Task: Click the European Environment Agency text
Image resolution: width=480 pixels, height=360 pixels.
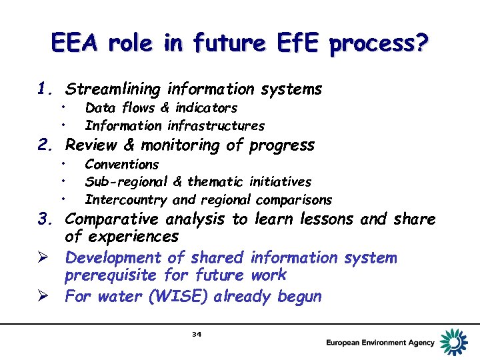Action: tap(380, 343)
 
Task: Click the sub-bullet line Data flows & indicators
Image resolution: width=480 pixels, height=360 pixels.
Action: tap(161, 108)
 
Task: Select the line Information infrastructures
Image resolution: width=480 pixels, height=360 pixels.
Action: tap(175, 125)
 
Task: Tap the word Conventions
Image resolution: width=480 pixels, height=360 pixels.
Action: tap(122, 165)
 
